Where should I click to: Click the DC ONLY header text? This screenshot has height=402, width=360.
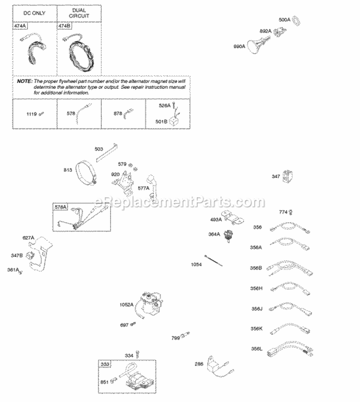click(34, 13)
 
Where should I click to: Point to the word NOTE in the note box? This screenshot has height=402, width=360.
click(24, 82)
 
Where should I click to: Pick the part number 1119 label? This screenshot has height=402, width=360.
click(32, 114)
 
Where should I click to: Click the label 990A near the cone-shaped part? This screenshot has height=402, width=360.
click(239, 46)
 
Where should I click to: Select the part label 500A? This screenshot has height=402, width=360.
click(285, 20)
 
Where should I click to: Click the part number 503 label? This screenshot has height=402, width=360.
click(99, 149)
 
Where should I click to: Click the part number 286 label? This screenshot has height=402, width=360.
click(199, 364)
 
